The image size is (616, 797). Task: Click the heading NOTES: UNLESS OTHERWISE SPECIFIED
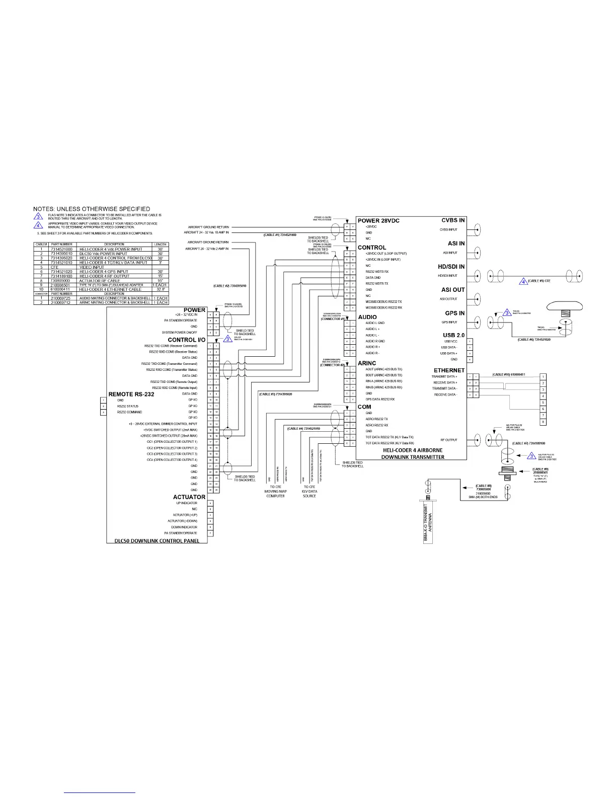92,209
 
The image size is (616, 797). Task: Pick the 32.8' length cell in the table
160,289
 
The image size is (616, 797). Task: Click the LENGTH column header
160,245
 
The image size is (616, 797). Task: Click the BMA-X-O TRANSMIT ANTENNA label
428,523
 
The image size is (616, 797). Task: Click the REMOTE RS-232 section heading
131,394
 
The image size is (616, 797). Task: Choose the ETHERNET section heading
449,370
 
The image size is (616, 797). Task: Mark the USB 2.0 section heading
453,335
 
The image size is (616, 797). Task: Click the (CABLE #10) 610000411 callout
509,375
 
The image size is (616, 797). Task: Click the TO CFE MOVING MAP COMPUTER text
275,492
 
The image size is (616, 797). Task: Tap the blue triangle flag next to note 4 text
38,224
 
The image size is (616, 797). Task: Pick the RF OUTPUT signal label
448,440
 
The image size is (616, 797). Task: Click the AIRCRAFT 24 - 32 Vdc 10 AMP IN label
206,233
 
